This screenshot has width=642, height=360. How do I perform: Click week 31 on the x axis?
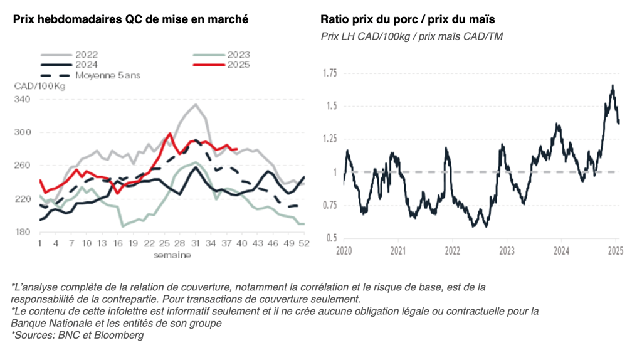195,243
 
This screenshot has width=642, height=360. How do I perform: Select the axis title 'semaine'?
174,255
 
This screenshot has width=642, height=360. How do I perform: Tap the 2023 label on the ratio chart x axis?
507,250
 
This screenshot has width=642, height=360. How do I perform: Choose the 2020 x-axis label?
344,250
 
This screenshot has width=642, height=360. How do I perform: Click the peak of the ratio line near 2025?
612,86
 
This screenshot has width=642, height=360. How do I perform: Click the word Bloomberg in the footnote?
122,336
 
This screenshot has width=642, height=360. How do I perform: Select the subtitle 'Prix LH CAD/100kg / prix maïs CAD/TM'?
411,37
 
